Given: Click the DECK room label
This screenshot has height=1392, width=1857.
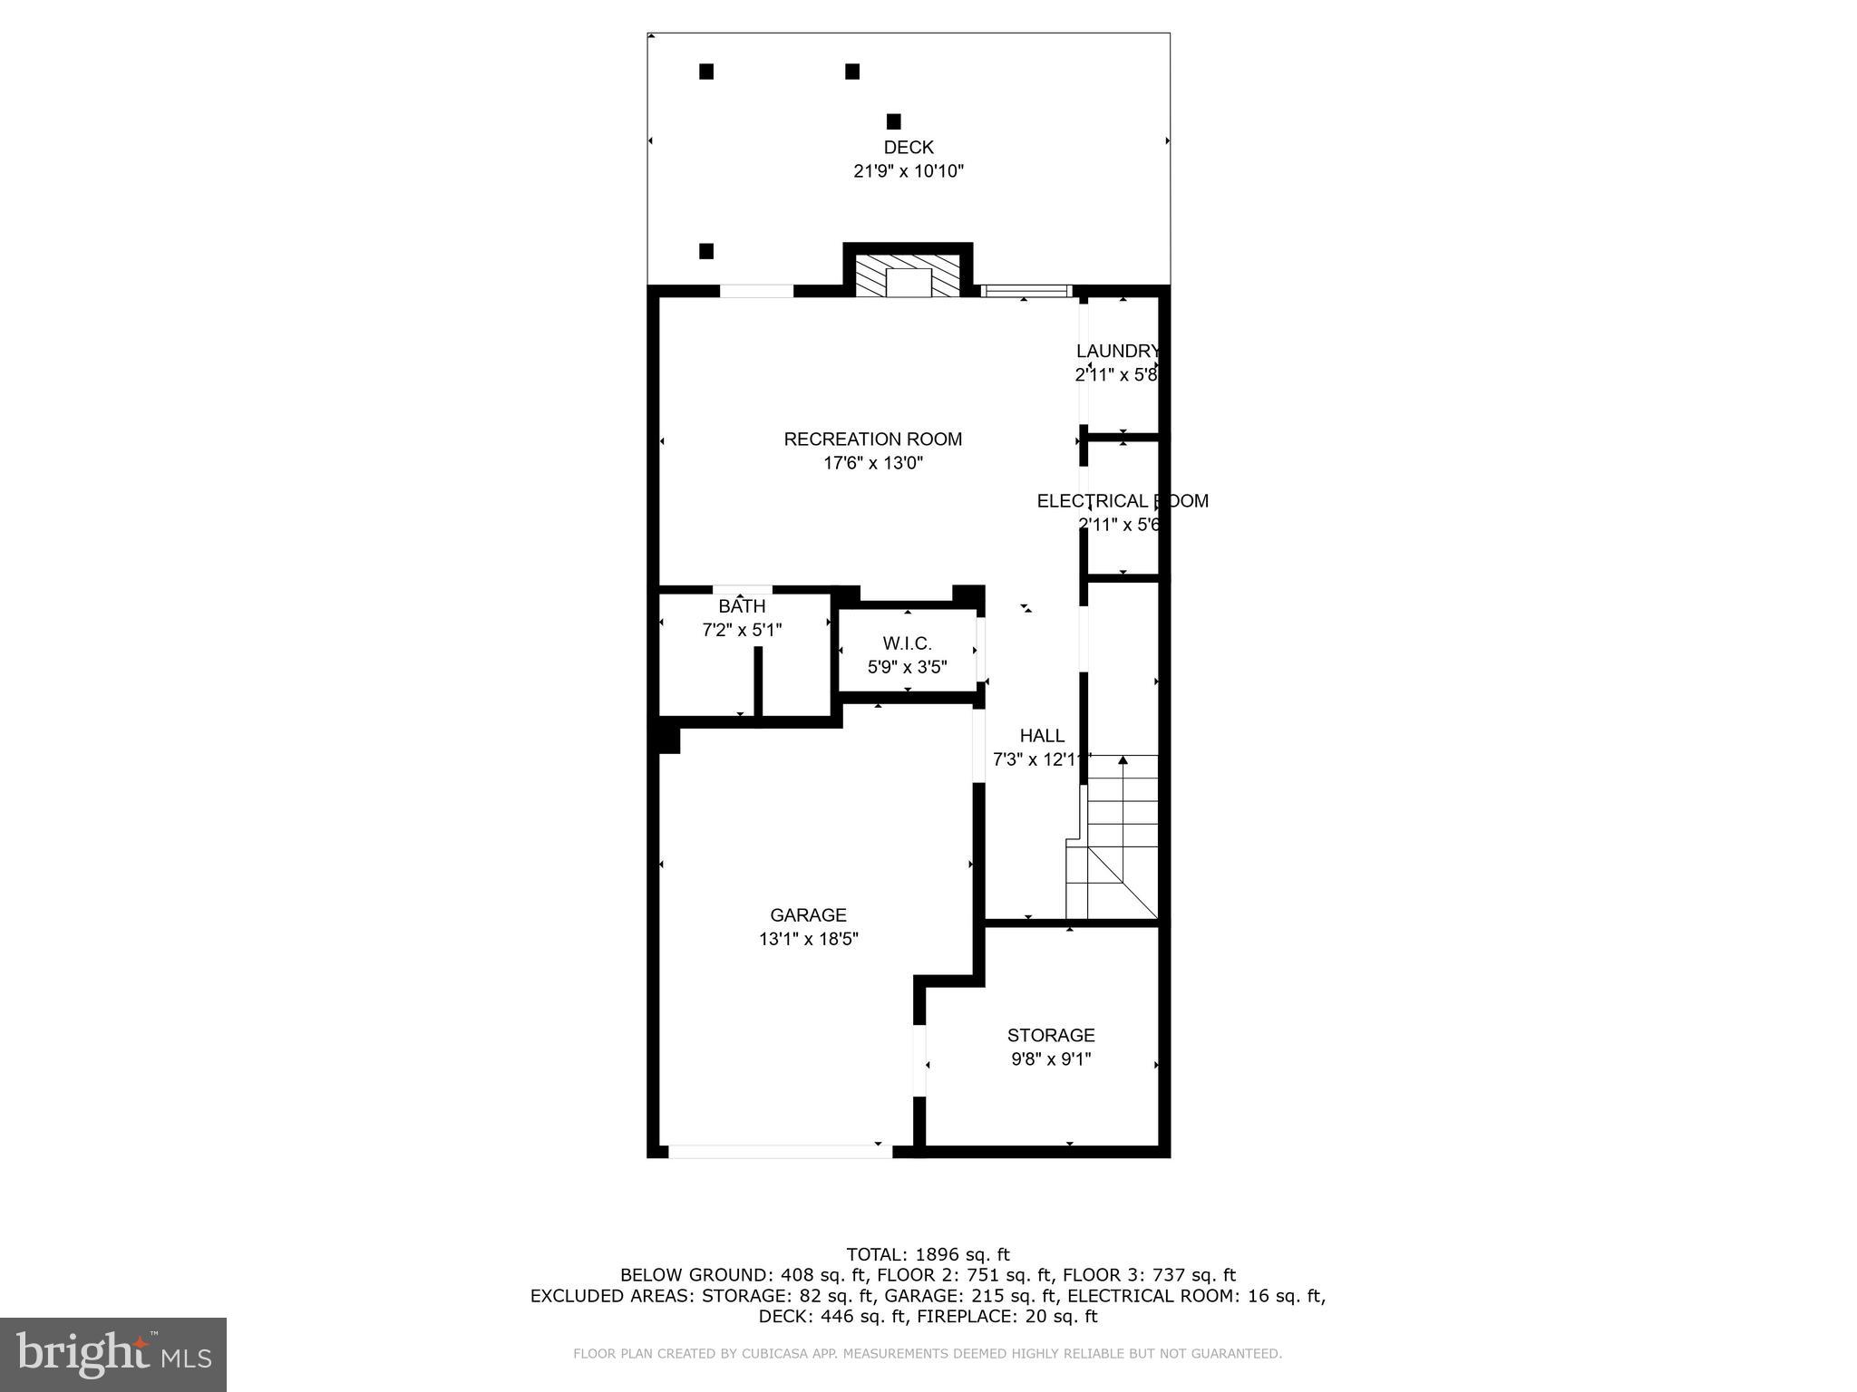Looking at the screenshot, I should tap(908, 148).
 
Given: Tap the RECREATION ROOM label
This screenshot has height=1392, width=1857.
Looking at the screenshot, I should tap(872, 440).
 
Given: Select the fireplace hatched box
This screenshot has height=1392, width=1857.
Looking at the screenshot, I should tap(908, 275).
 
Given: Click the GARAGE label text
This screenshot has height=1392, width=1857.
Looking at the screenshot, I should tap(808, 915).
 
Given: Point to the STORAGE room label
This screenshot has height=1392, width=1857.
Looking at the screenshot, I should tap(1050, 1035).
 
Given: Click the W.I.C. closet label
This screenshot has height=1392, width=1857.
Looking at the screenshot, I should tap(907, 643).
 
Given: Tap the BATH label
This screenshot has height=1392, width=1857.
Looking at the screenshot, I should tap(742, 606).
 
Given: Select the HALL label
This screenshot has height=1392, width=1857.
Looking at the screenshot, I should tap(1041, 736).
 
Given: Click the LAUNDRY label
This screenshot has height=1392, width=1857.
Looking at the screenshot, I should tap(1117, 351).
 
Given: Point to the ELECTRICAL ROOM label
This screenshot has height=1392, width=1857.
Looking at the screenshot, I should tap(1122, 501).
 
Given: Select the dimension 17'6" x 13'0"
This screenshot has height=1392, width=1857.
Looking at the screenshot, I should tap(872, 463).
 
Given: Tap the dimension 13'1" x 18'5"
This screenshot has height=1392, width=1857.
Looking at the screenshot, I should tap(808, 940).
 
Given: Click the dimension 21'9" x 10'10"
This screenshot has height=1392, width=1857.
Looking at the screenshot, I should tap(908, 171).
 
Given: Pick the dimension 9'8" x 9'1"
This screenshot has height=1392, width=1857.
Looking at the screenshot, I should tap(1050, 1058).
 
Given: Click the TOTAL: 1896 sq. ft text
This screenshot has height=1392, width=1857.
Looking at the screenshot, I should tap(928, 1255).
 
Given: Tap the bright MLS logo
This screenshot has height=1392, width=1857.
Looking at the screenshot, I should tap(113, 1355).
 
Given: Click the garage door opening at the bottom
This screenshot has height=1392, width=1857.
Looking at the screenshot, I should tap(780, 1152).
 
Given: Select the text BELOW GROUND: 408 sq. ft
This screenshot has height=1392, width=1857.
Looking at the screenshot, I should tap(717, 1276).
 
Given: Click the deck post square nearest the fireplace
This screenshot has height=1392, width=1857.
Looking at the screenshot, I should tap(893, 121).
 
